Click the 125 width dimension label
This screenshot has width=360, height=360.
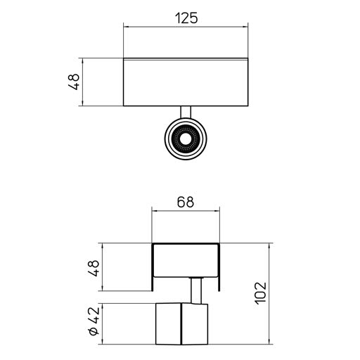click(186, 18)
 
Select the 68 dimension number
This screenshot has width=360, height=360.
click(186, 202)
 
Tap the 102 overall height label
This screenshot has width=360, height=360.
click(261, 293)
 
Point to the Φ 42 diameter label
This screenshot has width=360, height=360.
click(94, 321)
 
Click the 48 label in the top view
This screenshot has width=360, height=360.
click(74, 82)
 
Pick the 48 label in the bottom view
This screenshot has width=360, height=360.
click(94, 268)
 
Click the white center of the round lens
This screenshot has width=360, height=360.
click(186, 140)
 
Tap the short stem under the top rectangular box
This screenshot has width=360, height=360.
click(186, 112)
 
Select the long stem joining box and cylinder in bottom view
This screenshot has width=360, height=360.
click(196, 290)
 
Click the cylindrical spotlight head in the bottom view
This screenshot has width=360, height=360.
click(182, 324)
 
